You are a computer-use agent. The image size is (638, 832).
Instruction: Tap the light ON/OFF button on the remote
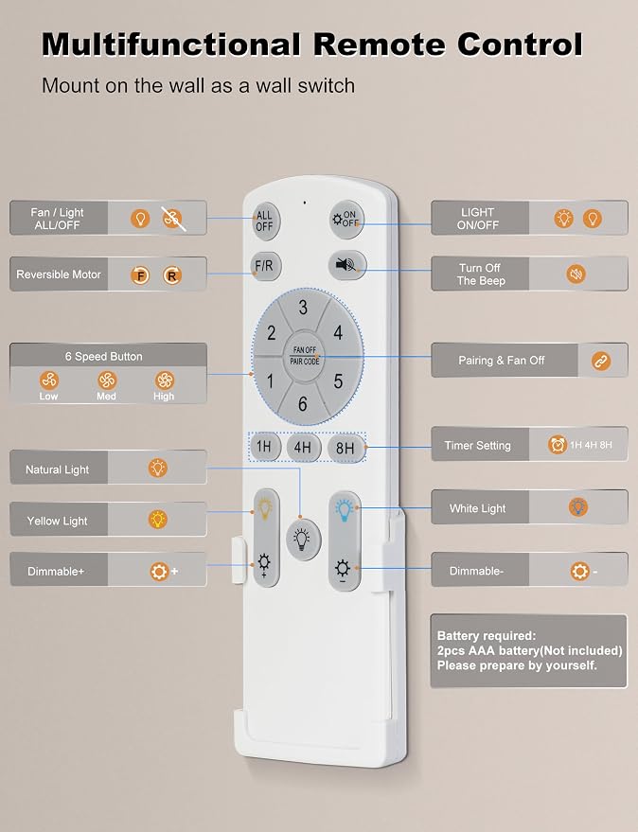point(346,220)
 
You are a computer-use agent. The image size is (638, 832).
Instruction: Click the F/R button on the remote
point(265,266)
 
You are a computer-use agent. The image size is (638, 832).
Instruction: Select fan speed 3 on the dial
point(303,308)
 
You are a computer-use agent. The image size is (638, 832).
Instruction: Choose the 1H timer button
point(264,446)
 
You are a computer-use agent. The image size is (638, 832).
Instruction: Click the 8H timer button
point(345,448)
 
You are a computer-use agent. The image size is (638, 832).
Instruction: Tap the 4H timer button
point(303,448)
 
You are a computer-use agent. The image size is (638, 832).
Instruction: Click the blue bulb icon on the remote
point(344,509)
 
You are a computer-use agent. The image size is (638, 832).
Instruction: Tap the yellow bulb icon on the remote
point(265,506)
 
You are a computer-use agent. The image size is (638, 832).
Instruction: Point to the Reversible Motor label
point(59,274)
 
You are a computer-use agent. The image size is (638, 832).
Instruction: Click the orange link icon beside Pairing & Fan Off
point(601,361)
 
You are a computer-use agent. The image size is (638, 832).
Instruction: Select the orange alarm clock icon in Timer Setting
point(558,444)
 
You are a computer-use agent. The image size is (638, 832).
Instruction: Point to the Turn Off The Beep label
point(480,274)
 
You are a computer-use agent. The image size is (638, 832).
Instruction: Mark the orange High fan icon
point(164,380)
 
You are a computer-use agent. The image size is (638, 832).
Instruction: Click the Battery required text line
point(487,636)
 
